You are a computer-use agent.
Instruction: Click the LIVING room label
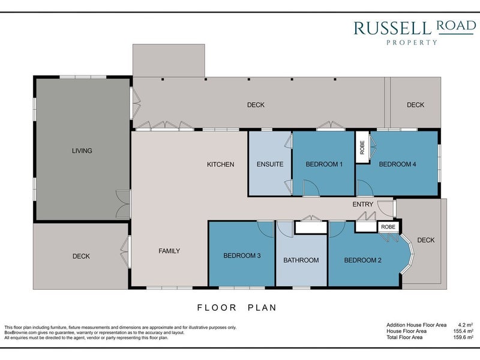pos(82,151)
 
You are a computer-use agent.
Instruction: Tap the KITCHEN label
pos(220,164)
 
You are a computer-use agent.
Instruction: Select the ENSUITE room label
pos(270,164)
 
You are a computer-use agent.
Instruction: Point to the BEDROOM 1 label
pos(324,164)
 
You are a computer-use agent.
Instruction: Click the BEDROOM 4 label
pos(397,164)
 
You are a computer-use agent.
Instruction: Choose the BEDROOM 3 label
pos(242,256)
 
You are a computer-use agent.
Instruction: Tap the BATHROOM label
pos(301,260)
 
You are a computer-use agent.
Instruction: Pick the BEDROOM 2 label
pos(363,260)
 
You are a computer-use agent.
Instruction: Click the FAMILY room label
pos(169,251)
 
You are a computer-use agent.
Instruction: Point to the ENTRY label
pos(363,204)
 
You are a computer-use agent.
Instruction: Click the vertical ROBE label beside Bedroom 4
pos(362,147)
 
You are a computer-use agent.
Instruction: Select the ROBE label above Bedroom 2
pos(388,227)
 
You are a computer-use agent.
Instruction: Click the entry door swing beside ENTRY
pos(385,208)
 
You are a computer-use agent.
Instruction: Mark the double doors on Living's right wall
pos(124,204)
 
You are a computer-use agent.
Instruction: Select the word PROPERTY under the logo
pos(412,43)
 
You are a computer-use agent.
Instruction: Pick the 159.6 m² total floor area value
pos(463,337)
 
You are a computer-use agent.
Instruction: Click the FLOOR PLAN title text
pos(236,307)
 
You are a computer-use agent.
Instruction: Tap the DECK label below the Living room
pos(81,256)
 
